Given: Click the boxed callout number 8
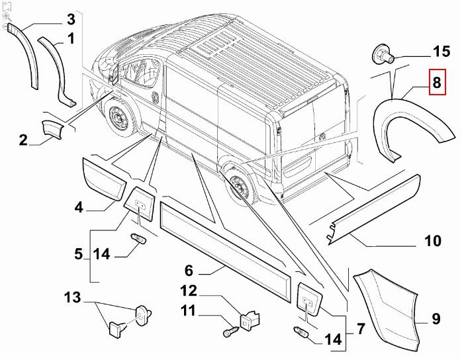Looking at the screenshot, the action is [x=438, y=82].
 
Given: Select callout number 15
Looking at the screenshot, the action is [x=441, y=51].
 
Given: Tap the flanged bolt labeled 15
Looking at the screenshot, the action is [x=383, y=55].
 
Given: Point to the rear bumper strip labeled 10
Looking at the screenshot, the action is [x=374, y=209].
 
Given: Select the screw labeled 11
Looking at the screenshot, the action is [x=232, y=331].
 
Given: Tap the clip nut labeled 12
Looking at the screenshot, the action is [x=251, y=320].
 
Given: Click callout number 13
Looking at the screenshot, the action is [x=73, y=297].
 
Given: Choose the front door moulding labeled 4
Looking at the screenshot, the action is [x=104, y=179].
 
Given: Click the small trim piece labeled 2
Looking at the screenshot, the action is [x=52, y=129].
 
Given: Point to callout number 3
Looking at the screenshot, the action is [x=71, y=19].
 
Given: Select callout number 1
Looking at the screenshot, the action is [x=71, y=39].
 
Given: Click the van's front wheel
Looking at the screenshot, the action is [x=119, y=118].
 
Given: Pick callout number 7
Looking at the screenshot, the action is [x=361, y=329].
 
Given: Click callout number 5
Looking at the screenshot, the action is [x=79, y=254].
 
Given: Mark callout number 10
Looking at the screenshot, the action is [x=433, y=241].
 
